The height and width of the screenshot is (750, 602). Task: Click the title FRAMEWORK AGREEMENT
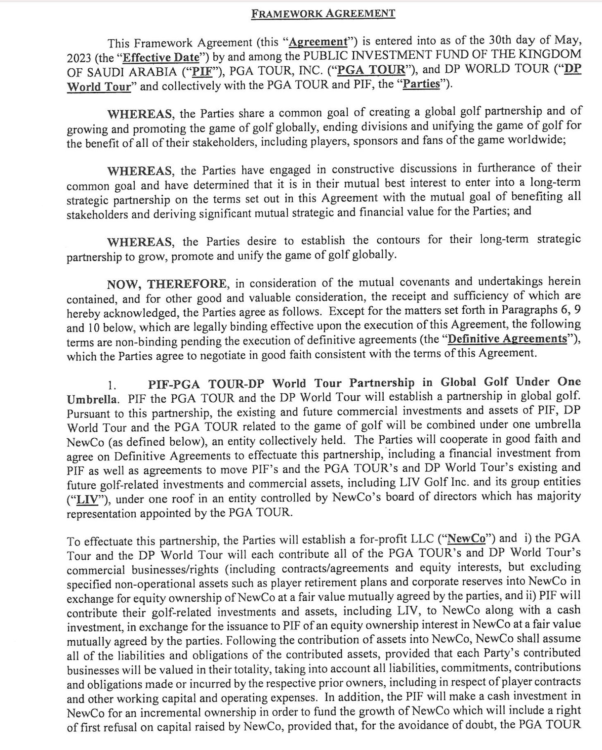(x=323, y=14)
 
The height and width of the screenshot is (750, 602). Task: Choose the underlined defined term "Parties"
(x=421, y=84)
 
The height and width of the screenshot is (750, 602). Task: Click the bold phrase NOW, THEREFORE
(x=167, y=284)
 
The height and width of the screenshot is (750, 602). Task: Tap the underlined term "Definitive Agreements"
(x=507, y=339)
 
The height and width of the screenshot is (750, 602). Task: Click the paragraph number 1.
(x=110, y=385)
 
